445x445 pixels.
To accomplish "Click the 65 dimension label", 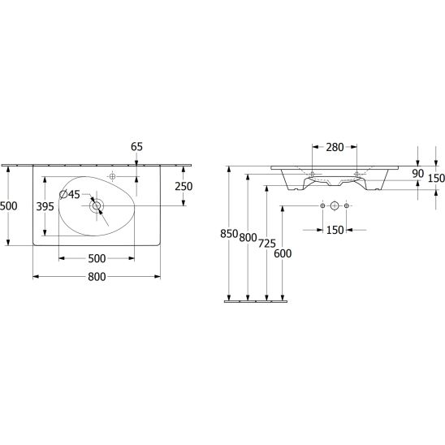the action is point(136,147).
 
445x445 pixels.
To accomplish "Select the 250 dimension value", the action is point(184,187).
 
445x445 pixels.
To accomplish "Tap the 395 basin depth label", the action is point(45,206).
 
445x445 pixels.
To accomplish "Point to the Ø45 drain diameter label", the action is point(70,194).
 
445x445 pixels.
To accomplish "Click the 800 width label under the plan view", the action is point(97,277).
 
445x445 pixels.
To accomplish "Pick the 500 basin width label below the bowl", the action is point(97,258).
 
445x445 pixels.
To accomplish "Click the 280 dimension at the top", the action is point(335,147).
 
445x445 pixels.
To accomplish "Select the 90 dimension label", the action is point(417,174).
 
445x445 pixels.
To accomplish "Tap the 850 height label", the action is point(229,234).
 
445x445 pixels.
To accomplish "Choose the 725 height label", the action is point(267,244).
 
